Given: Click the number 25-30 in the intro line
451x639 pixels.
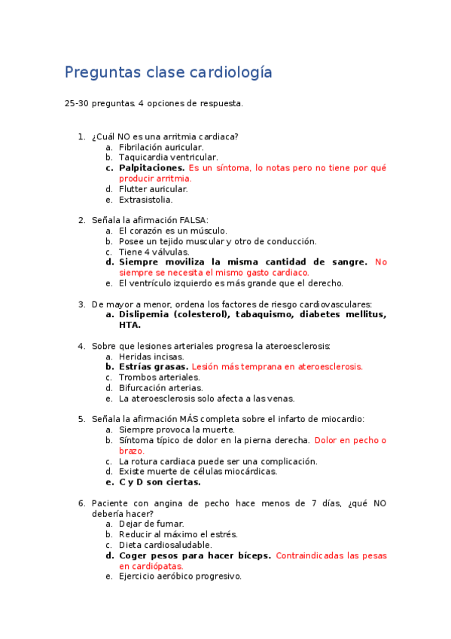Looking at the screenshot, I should (x=76, y=102).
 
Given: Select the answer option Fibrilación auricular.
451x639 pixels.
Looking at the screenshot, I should (x=161, y=147).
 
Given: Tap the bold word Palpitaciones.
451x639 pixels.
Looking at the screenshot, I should (x=151, y=168).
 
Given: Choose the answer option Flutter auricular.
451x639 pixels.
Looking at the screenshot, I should (x=153, y=189).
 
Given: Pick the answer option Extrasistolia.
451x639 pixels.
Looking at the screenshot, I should (x=145, y=200).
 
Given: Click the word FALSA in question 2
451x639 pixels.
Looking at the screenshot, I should (x=193, y=220).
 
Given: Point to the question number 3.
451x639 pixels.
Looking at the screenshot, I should (x=81, y=304).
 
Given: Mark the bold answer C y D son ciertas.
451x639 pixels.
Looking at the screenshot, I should (x=160, y=482).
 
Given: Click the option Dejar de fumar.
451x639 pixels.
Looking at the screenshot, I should (x=151, y=524).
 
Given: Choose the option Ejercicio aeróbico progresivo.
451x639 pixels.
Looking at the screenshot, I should (x=180, y=576).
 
